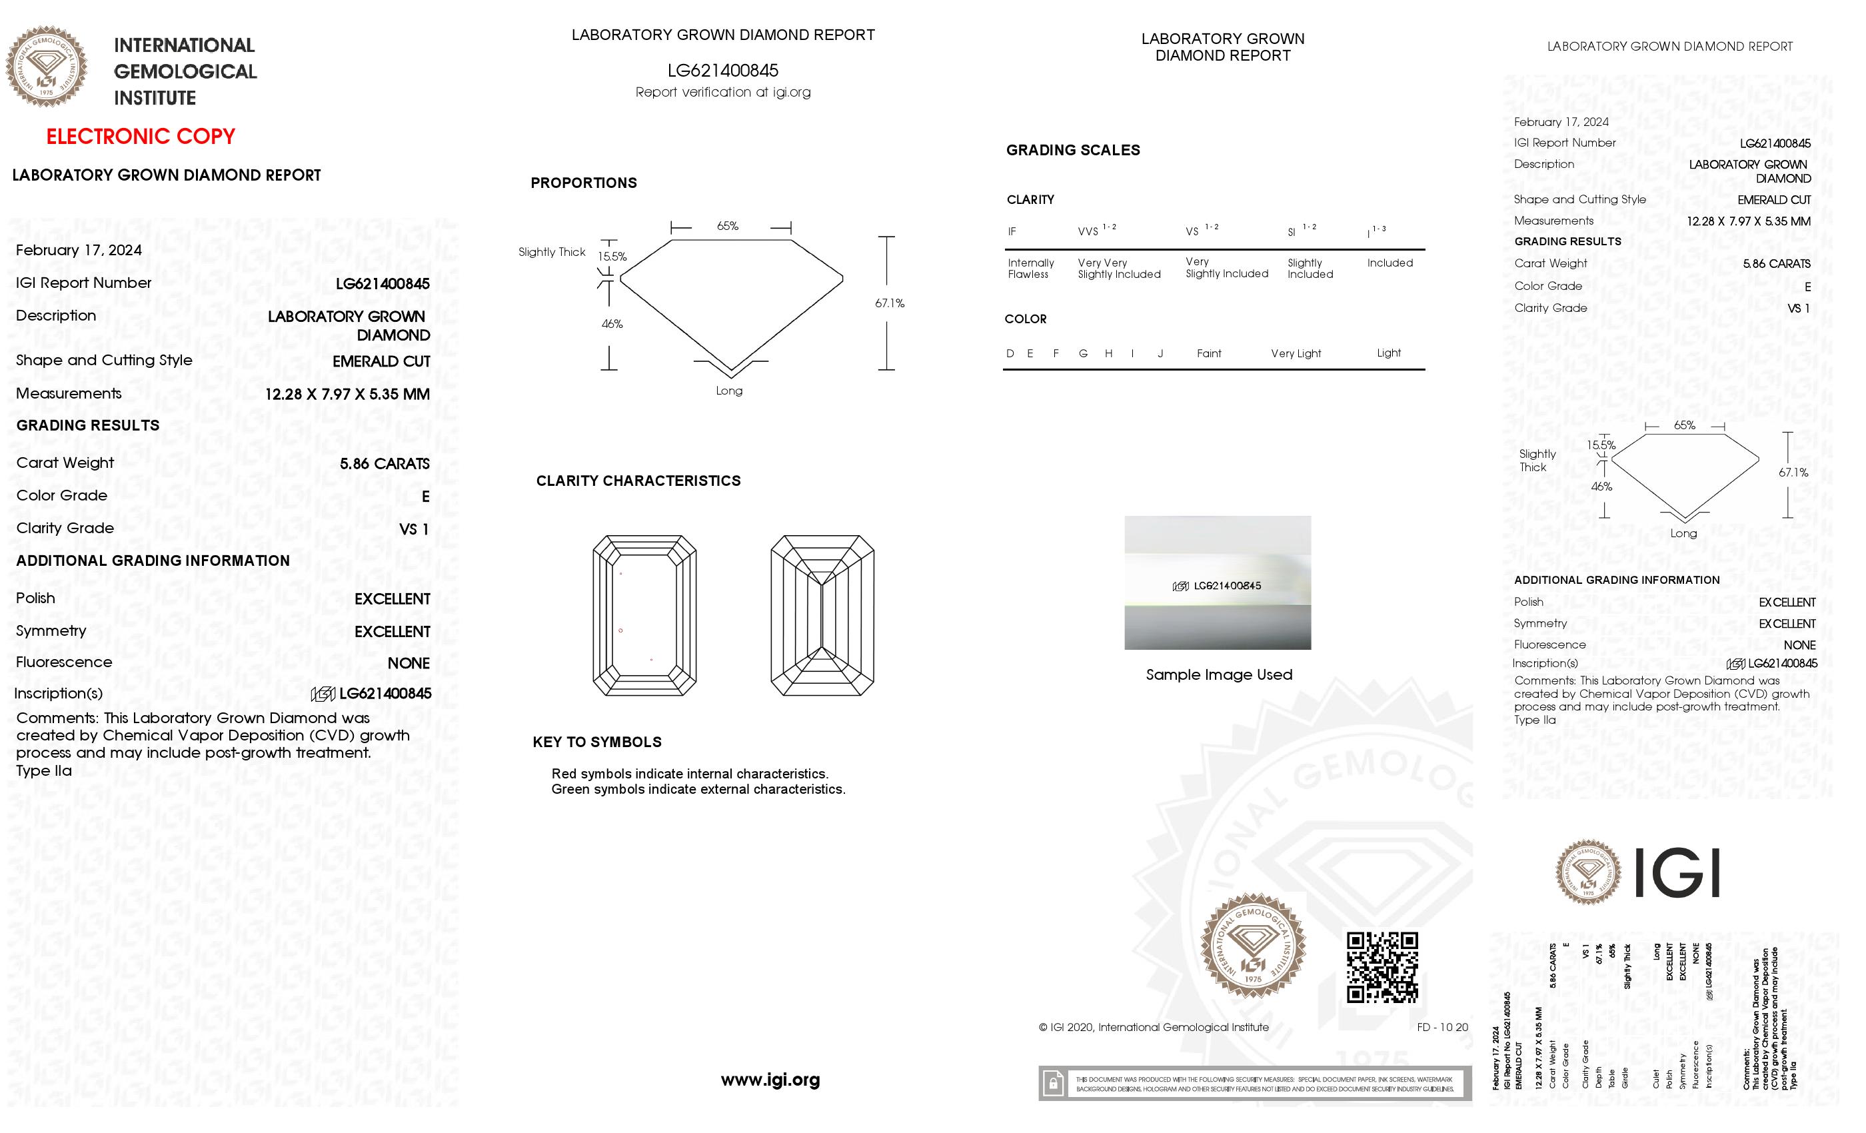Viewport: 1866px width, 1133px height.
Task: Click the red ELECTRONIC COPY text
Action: [141, 137]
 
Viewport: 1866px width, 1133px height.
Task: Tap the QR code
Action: [1382, 967]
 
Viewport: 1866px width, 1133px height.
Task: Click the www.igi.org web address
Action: [770, 1080]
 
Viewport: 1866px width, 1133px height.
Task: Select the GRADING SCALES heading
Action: [1072, 150]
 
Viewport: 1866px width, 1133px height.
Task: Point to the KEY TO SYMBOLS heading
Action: [596, 742]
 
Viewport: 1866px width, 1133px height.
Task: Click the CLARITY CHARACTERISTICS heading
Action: [638, 481]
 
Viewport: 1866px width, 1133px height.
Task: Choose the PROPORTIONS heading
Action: [583, 183]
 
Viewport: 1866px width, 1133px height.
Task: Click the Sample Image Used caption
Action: [1218, 674]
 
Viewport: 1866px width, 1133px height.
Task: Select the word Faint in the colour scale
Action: [1209, 354]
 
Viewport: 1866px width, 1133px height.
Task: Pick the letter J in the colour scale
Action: [1160, 354]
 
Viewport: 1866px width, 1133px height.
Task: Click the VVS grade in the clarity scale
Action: [1088, 232]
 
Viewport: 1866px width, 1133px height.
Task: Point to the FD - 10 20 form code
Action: [1442, 1028]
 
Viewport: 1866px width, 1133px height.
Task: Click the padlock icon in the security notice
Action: [1053, 1084]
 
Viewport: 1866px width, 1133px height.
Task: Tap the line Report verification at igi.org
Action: [722, 93]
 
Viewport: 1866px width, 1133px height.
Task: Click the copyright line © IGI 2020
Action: [1154, 1028]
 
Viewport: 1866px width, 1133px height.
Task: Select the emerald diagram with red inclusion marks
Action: [644, 615]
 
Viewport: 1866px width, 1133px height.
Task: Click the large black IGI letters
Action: [1677, 872]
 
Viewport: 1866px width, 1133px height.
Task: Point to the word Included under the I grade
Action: [1390, 263]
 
